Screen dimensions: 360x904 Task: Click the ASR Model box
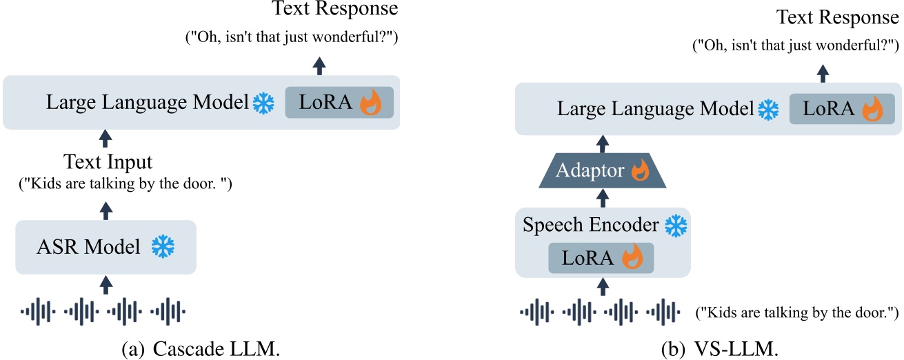coord(106,247)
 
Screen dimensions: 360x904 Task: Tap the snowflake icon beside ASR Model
coord(163,247)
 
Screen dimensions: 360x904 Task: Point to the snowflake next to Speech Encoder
coord(676,226)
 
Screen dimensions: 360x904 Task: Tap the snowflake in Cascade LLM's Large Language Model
coord(263,104)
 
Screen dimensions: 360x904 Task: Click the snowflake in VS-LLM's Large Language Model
coord(767,110)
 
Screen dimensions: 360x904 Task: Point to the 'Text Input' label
coord(108,163)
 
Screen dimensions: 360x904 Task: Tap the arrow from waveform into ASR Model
coord(106,283)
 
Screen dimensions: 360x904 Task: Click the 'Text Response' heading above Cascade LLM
coord(335,9)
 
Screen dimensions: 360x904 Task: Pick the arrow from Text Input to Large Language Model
coord(106,139)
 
